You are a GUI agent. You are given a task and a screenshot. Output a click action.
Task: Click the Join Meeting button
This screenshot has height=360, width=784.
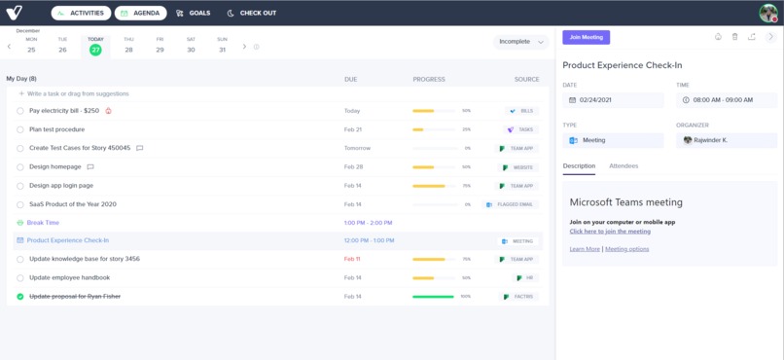[x=586, y=37]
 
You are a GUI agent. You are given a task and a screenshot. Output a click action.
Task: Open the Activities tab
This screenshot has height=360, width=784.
[x=81, y=14]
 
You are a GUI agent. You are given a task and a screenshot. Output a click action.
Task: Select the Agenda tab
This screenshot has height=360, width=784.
[x=140, y=14]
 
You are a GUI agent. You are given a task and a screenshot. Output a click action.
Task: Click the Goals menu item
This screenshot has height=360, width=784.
[x=193, y=14]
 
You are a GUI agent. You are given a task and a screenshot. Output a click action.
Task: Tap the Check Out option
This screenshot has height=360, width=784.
[x=252, y=14]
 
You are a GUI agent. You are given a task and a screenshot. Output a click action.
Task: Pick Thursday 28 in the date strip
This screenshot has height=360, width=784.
[x=128, y=46]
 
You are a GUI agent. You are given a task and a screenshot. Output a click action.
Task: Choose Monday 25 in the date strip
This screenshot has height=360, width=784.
[x=31, y=46]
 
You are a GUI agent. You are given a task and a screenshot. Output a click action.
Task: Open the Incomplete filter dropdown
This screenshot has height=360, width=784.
[x=522, y=42]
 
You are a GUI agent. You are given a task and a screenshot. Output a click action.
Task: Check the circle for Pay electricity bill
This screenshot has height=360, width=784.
[x=20, y=111]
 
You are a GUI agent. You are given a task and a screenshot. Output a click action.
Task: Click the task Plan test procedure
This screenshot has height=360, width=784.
[x=56, y=129]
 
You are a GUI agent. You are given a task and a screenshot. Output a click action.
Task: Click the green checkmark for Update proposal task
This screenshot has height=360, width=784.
[x=20, y=297]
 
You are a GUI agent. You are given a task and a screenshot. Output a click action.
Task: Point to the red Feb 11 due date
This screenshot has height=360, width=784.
[x=352, y=260]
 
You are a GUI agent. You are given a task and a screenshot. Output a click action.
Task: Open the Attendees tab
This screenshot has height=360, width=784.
[x=624, y=166]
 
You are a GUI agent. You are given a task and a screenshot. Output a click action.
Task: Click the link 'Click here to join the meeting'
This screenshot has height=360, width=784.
[x=610, y=232]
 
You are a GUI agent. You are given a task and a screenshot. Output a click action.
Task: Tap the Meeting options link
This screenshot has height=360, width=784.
[x=627, y=249]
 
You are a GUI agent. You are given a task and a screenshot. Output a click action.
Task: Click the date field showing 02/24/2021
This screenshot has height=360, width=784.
[x=613, y=100]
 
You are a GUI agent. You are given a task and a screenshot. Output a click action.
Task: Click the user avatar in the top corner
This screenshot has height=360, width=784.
[x=767, y=13]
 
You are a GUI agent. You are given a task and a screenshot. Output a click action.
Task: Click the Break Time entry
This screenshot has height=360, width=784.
[x=43, y=223]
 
